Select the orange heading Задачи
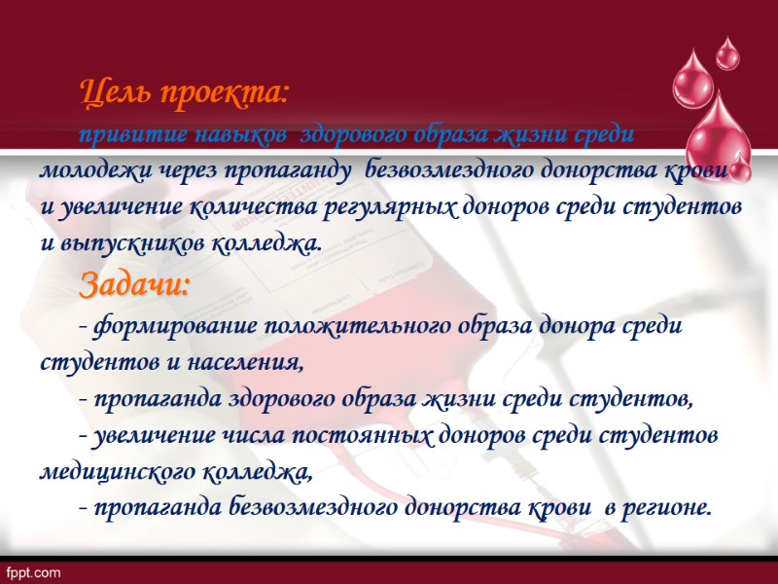pyautogui.click(x=135, y=286)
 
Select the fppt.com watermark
pyautogui.click(x=35, y=571)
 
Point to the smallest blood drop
pyautogui.click(x=727, y=53)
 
